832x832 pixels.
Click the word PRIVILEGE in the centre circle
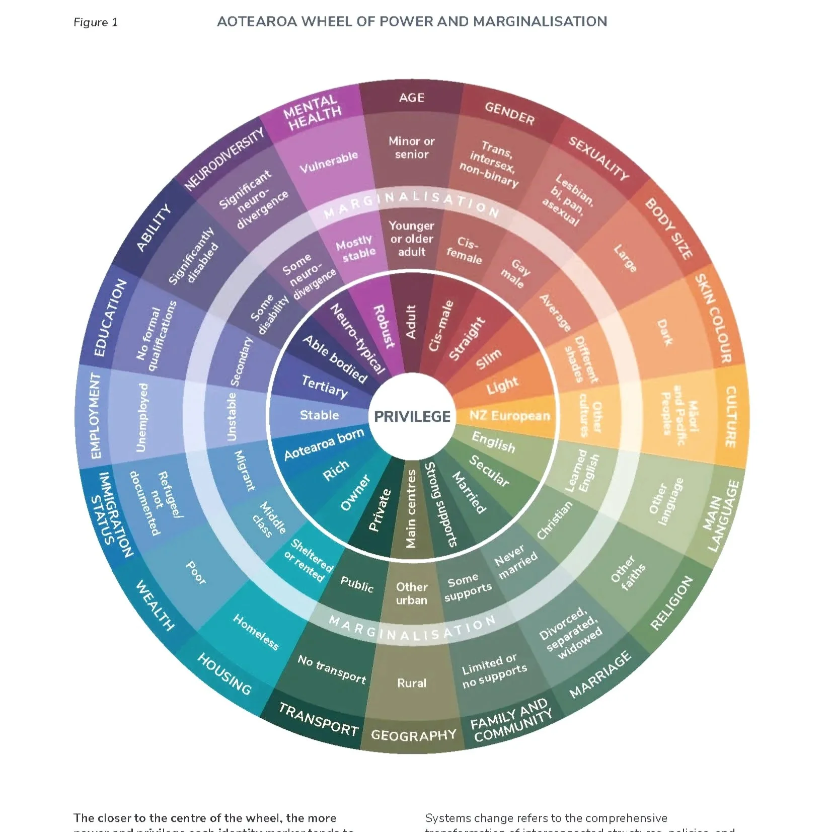click(x=412, y=417)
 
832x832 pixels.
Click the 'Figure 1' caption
click(x=96, y=23)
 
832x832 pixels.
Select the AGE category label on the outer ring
click(x=412, y=98)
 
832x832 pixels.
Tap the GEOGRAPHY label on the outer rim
click(x=414, y=735)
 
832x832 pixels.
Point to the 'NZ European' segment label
click(x=509, y=416)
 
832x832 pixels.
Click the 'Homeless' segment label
click(x=256, y=632)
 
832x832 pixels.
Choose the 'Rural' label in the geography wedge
click(x=412, y=683)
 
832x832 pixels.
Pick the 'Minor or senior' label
click(x=411, y=148)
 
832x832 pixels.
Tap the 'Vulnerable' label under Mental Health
click(x=329, y=162)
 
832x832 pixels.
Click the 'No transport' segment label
click(x=332, y=669)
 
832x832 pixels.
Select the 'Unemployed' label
click(x=142, y=417)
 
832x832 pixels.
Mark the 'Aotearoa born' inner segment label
click(x=324, y=445)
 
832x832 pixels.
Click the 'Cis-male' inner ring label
click(x=441, y=326)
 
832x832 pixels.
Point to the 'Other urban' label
click(x=412, y=593)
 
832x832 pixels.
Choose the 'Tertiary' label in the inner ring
click(x=325, y=387)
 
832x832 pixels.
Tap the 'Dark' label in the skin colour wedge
click(x=664, y=333)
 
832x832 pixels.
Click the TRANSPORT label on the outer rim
click(x=319, y=720)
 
